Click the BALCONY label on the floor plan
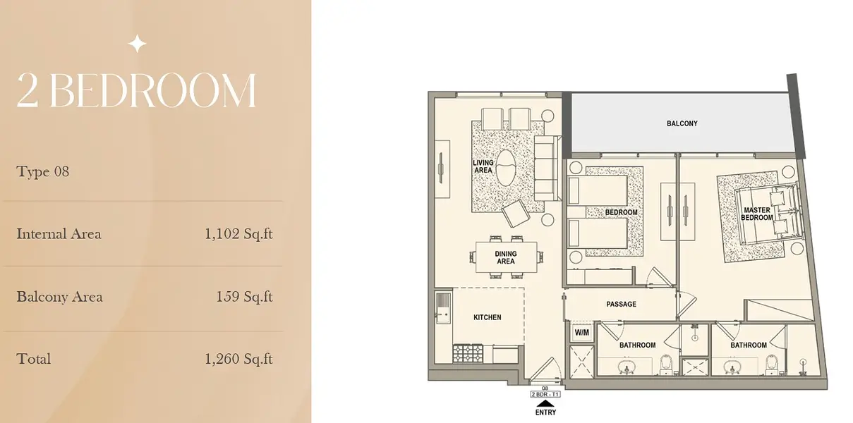coord(682,123)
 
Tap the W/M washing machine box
coord(581,333)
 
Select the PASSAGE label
coord(621,305)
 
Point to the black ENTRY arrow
coord(545,403)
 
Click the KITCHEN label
coord(487,317)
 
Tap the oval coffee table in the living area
coord(506,168)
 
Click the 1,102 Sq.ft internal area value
coord(238,234)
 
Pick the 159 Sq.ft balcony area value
coord(245,297)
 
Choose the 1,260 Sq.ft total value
coord(238,359)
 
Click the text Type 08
coord(42,171)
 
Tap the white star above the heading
coord(137,44)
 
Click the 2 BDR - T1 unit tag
coord(545,394)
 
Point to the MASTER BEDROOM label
coord(757,214)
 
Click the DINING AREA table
coord(506,257)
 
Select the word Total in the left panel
coord(33,359)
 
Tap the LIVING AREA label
coord(483,166)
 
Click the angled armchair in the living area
coord(515,214)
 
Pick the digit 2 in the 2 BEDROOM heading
coord(28,90)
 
